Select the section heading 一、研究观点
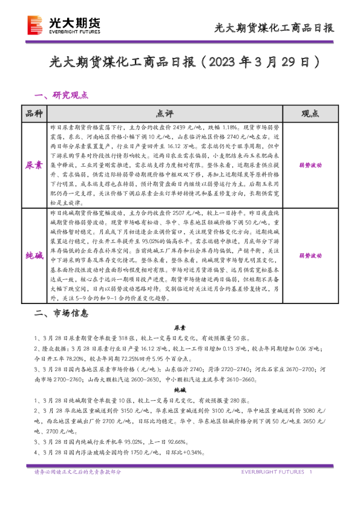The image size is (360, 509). pyautogui.click(x=62, y=95)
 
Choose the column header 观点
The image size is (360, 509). pyautogui.click(x=309, y=114)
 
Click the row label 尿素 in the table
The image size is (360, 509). pyautogui.click(x=34, y=164)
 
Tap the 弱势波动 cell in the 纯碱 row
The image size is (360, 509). pyautogui.click(x=309, y=256)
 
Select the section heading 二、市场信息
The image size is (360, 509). pyautogui.click(x=62, y=314)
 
